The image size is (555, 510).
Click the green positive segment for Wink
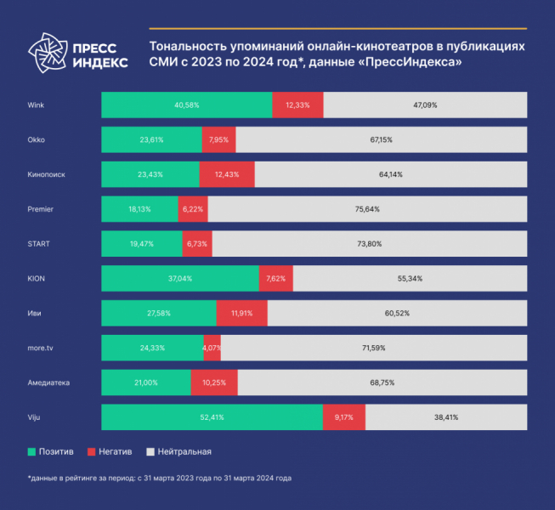click(x=186, y=105)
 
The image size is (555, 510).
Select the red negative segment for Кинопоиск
click(x=227, y=174)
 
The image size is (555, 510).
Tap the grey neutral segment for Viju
click(x=446, y=417)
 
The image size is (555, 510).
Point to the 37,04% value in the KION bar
click(x=179, y=278)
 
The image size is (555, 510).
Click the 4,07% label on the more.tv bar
click(x=212, y=348)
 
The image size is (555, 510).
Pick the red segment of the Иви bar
click(x=242, y=313)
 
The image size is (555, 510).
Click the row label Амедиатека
click(x=48, y=382)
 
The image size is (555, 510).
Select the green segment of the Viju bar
click(x=212, y=417)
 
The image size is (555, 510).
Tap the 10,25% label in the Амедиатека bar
click(x=214, y=382)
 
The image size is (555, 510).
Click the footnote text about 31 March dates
click(x=159, y=478)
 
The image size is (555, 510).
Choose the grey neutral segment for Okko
click(x=382, y=139)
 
